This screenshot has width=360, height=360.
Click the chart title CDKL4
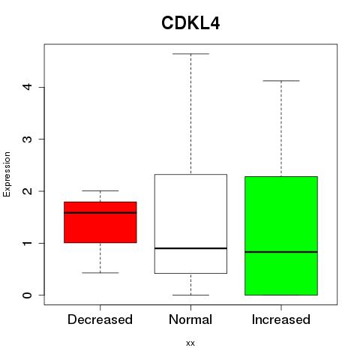coord(190,23)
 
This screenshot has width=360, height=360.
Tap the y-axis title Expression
coord(7,174)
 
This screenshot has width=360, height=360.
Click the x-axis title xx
coord(190,343)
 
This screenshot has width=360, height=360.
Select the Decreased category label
coord(100,319)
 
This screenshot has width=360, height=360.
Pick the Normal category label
coord(190,319)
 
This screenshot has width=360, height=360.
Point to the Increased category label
coord(281,319)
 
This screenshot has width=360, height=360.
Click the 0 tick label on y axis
coord(28,295)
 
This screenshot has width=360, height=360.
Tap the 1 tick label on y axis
coord(28,243)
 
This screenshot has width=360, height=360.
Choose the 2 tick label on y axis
coord(28,191)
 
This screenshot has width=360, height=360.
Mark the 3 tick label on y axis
coord(28,139)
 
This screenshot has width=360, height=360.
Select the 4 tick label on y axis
coord(28,87)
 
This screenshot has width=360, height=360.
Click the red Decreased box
coord(100,222)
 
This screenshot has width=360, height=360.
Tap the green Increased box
coord(281,235)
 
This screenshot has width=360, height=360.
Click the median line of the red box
coord(100,213)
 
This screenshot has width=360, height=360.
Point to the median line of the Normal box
coord(190,248)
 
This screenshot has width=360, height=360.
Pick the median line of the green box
coord(281,252)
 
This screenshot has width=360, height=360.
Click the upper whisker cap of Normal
coord(190,54)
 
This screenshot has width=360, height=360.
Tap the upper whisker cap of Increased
coord(281,81)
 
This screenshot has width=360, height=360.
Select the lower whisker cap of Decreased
coord(100,273)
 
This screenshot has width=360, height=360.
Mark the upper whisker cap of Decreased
coord(100,190)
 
